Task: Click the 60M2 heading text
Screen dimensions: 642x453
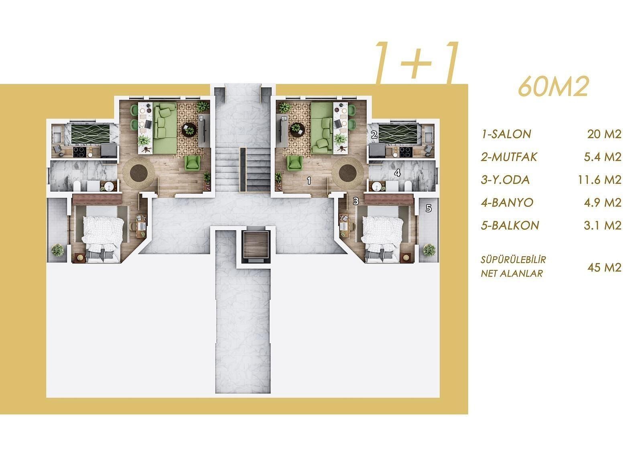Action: (x=553, y=87)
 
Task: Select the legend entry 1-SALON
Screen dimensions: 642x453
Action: (x=506, y=134)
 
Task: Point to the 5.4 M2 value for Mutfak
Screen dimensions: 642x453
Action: (x=603, y=157)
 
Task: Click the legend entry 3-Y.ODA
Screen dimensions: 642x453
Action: (x=505, y=180)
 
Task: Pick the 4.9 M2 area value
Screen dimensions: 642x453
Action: (x=603, y=203)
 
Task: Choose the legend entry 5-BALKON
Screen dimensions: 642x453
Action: (x=510, y=226)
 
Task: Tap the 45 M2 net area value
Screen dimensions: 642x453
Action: (x=604, y=267)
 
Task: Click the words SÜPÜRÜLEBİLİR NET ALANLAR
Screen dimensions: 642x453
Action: (x=513, y=267)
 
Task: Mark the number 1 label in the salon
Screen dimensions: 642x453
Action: (x=309, y=180)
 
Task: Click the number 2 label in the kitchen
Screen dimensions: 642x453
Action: (x=374, y=135)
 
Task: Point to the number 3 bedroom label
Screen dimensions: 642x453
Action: (x=356, y=201)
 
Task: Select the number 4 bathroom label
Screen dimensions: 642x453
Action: (x=397, y=173)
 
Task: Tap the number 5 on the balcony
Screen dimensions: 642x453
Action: (x=429, y=208)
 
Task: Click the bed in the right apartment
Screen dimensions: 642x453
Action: (x=382, y=239)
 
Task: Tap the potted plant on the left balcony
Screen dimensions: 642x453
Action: (x=58, y=250)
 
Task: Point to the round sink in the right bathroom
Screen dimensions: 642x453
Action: (x=377, y=187)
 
